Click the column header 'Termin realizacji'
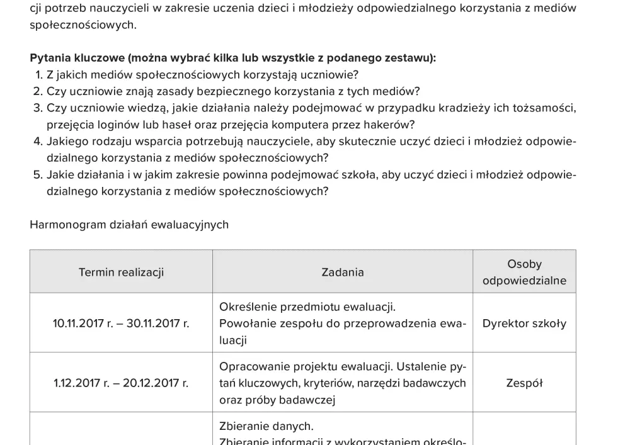(121, 272)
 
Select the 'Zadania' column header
(342, 272)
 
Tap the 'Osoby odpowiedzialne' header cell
(524, 272)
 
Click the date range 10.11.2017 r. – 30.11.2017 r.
(121, 324)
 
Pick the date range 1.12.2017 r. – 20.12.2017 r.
(121, 383)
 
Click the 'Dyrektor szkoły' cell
(524, 324)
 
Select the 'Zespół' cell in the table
(524, 383)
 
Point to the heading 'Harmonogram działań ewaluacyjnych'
(129, 225)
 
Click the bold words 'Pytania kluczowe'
(77, 58)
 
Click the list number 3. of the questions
(38, 108)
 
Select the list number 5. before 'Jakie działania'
(38, 174)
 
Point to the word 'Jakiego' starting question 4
(67, 141)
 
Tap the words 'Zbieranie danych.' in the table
(266, 426)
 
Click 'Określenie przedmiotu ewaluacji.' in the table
(307, 307)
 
